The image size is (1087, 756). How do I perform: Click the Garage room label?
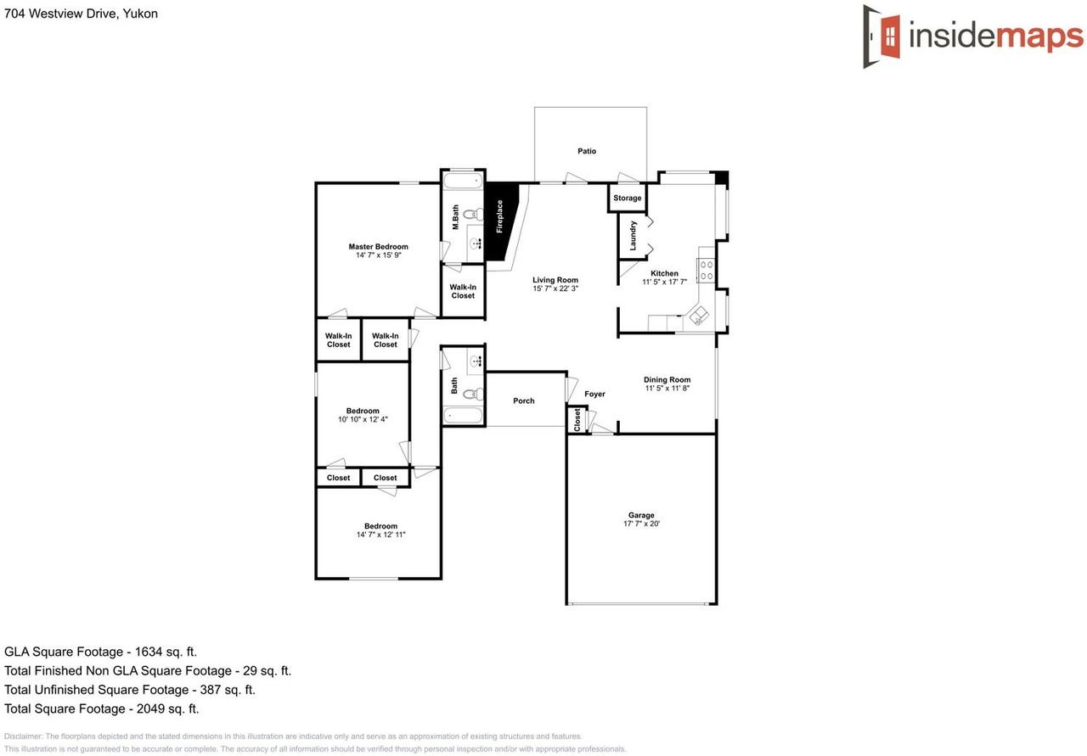coord(641,515)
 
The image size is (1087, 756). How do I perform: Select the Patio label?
coord(587,151)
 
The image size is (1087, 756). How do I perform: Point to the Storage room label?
coord(628,199)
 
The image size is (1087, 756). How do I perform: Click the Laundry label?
coord(633,235)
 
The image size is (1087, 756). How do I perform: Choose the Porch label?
coord(524,400)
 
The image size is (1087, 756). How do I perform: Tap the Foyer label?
coord(594,394)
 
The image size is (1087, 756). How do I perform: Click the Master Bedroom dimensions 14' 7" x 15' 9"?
coord(378,255)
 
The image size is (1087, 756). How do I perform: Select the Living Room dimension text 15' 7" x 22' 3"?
coord(555,289)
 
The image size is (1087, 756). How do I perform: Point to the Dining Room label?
coord(667,379)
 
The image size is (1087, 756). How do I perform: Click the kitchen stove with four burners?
coord(706,271)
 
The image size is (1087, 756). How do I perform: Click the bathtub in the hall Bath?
coord(464,416)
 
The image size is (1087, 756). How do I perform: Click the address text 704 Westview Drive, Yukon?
coord(81,14)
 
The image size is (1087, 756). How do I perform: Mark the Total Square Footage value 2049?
coord(146,708)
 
